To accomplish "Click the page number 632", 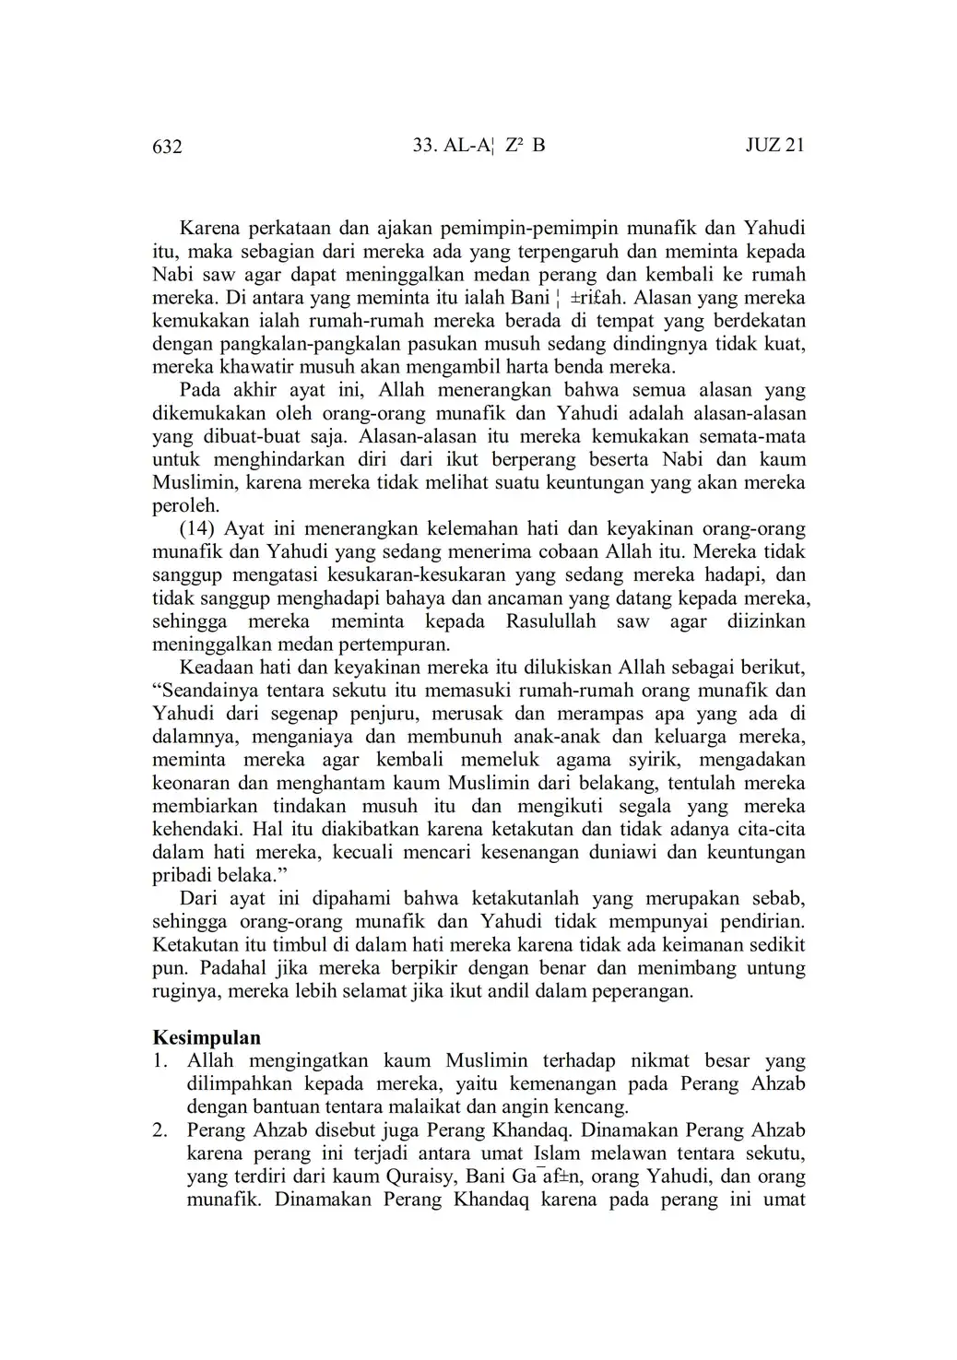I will [167, 147].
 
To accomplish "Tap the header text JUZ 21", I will [774, 146].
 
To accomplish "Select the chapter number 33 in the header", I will [423, 146].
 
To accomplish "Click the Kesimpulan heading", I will [206, 1037].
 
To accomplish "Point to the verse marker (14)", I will [198, 528].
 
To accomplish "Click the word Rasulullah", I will [550, 621].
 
